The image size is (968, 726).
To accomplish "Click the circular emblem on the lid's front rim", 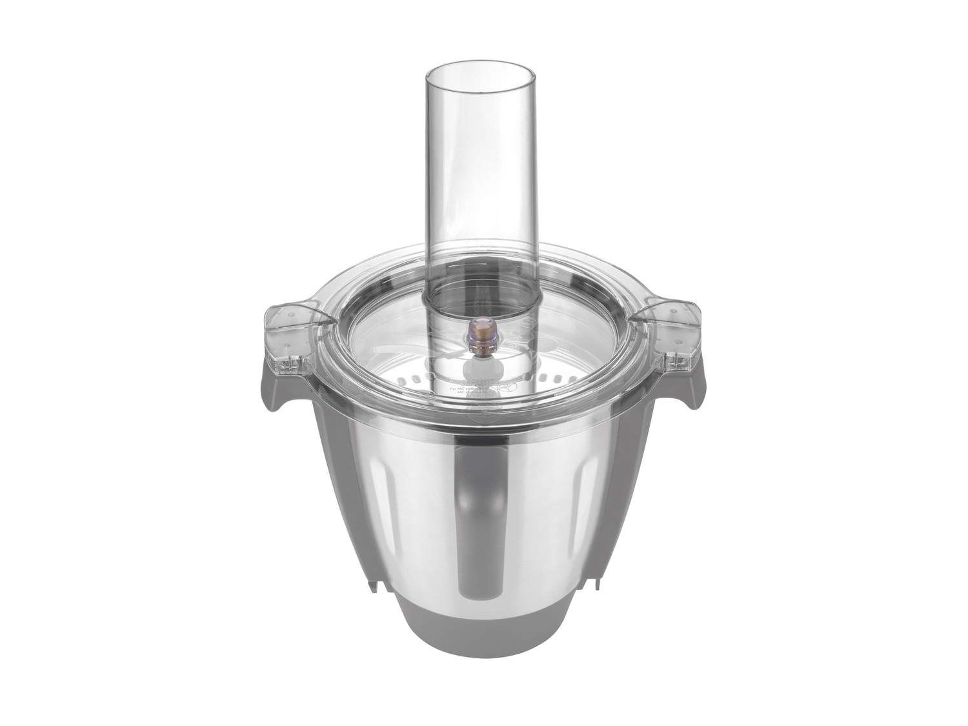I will [481, 416].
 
